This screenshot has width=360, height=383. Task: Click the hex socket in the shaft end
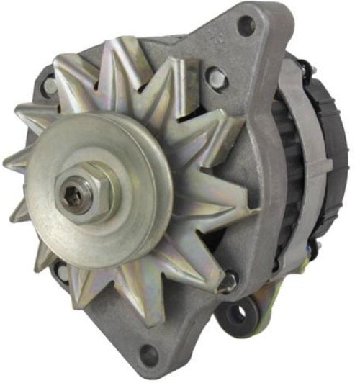[76, 196]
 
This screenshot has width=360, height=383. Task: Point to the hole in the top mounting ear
[246, 26]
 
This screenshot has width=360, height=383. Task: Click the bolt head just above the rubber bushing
[230, 281]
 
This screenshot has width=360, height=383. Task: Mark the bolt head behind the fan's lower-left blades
[63, 271]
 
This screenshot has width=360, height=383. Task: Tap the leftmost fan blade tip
[9, 162]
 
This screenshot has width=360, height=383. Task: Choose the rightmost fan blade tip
[253, 209]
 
